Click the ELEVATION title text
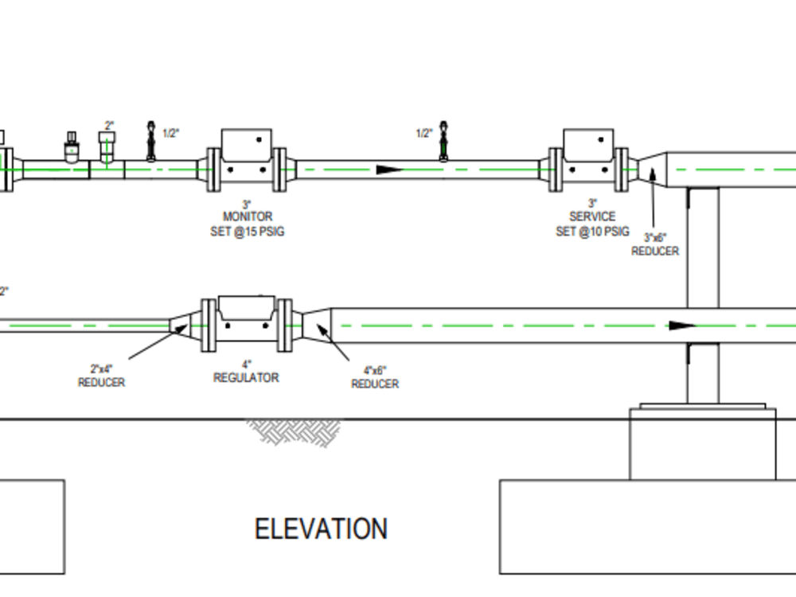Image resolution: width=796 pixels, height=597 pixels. pyautogui.click(x=321, y=529)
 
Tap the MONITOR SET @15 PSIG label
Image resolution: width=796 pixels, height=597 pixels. pyautogui.click(x=247, y=224)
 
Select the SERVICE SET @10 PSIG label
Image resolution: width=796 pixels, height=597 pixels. pyautogui.click(x=592, y=224)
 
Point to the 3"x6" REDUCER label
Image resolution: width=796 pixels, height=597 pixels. pyautogui.click(x=655, y=244)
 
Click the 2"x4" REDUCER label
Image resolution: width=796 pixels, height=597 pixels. pyautogui.click(x=101, y=376)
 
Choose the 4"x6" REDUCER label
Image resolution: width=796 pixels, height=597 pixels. pyautogui.click(x=375, y=377)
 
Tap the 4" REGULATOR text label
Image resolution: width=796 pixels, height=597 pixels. pyautogui.click(x=246, y=372)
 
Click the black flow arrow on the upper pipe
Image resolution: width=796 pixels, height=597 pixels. pyautogui.click(x=389, y=170)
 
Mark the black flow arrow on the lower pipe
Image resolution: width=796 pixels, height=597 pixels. pyautogui.click(x=681, y=326)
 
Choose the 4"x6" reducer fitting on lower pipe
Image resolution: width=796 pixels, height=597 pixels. pyautogui.click(x=316, y=325)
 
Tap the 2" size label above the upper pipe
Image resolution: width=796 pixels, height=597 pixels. pyautogui.click(x=109, y=126)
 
